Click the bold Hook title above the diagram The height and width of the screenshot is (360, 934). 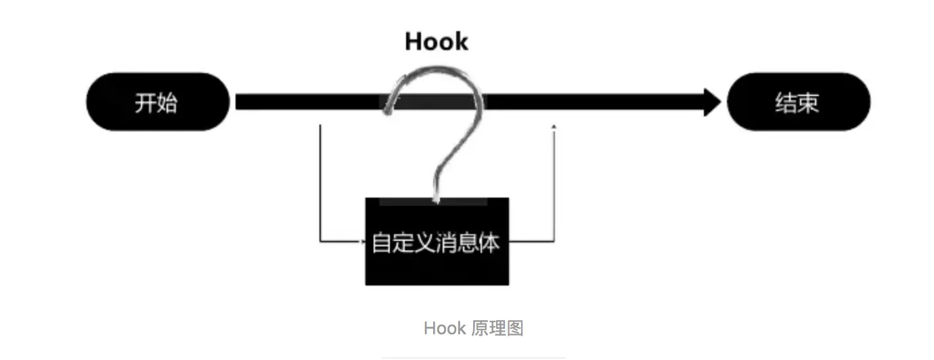point(437,41)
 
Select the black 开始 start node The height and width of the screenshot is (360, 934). point(158,102)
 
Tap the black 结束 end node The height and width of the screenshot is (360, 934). point(798,102)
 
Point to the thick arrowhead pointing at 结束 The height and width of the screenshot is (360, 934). point(713,102)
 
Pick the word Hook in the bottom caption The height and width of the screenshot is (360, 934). point(445,329)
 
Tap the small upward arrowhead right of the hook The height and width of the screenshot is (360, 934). point(555,127)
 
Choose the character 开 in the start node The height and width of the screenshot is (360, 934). point(146,103)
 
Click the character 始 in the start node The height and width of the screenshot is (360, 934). point(167,103)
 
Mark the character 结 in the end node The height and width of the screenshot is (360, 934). point(786,103)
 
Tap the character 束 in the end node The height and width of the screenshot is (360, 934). point(809,103)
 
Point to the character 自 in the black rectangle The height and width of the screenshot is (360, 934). point(382,243)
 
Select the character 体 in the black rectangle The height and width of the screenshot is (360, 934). point(489,243)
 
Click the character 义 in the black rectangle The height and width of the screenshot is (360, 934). point(425,243)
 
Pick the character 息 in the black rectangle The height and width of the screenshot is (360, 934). point(468,243)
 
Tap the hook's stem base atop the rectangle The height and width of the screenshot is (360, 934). point(437,197)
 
